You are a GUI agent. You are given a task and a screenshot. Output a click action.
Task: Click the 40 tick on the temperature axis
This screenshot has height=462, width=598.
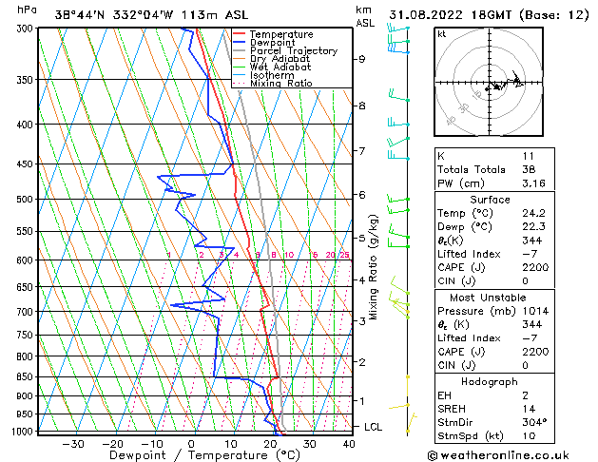pos(349,443)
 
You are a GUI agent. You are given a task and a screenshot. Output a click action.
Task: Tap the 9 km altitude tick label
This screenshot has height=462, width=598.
pos(361,59)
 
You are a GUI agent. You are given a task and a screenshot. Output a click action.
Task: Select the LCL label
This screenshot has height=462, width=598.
pos(374,427)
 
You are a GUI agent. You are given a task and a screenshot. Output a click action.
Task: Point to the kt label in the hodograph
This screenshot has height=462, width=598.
pos(442,33)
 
